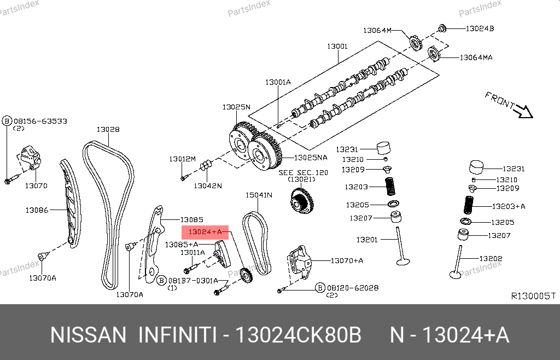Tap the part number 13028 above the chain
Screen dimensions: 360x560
click(108, 130)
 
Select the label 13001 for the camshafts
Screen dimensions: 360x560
click(337, 47)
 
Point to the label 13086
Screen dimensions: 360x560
click(37, 210)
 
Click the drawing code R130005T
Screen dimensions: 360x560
click(533, 296)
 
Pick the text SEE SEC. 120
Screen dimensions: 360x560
click(303, 172)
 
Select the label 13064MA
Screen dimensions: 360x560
click(476, 57)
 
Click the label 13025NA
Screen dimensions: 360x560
click(310, 158)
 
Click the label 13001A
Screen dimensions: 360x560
click(278, 82)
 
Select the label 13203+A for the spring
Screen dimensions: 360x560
click(508, 206)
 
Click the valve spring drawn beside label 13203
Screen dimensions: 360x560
click(390, 187)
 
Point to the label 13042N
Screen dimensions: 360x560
click(207, 185)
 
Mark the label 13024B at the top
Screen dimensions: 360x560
click(480, 28)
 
